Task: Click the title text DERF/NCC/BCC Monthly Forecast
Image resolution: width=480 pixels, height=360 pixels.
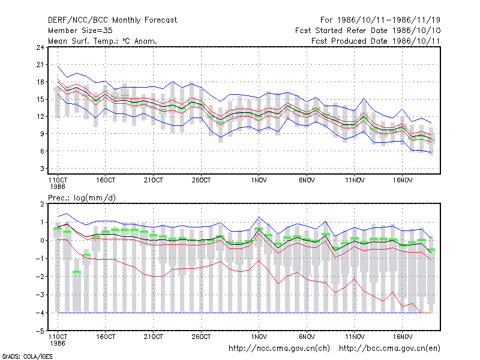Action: (x=112, y=20)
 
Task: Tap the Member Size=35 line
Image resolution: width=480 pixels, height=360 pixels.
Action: (x=80, y=31)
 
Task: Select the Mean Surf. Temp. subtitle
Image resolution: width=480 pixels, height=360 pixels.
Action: (x=103, y=41)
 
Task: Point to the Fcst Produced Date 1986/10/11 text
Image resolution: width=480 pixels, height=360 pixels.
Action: (x=376, y=41)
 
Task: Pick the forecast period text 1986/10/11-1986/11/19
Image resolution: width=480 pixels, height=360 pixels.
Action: (x=388, y=20)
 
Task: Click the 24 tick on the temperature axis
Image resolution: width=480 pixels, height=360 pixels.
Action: (x=40, y=47)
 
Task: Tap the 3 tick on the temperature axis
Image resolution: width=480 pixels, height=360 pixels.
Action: (x=42, y=169)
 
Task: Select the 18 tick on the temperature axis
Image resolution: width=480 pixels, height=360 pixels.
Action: (x=40, y=82)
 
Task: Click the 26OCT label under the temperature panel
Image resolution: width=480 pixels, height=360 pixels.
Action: (x=201, y=181)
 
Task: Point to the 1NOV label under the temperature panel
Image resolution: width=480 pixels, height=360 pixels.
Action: (x=259, y=181)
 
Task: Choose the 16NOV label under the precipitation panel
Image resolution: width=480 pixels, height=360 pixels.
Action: (x=402, y=337)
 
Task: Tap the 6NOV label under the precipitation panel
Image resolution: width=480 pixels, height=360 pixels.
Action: (x=307, y=337)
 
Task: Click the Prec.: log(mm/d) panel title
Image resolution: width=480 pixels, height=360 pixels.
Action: (x=82, y=198)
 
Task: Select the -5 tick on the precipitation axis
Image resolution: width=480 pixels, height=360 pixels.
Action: (x=40, y=331)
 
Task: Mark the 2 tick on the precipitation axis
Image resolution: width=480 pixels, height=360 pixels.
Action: (x=42, y=204)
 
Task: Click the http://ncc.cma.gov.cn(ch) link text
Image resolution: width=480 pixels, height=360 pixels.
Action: (x=279, y=349)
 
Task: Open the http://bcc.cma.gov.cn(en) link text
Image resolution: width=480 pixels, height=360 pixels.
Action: (x=389, y=349)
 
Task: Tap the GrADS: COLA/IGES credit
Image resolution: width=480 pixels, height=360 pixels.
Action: (x=27, y=356)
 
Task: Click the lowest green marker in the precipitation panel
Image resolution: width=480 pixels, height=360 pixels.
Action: (x=77, y=272)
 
